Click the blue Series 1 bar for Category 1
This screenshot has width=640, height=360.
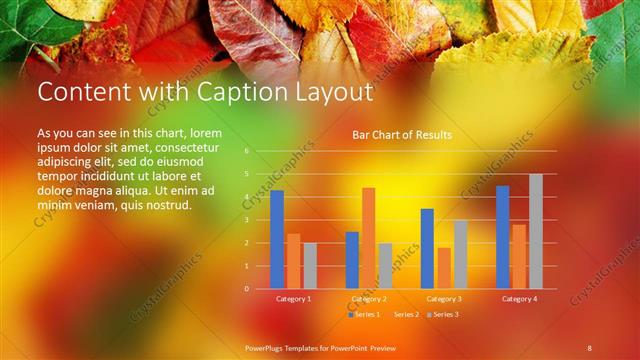277,239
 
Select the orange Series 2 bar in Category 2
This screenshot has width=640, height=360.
369,238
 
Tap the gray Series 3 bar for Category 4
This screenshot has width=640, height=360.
535,231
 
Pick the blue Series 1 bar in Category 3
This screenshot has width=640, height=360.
427,248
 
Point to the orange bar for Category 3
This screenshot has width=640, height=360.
444,268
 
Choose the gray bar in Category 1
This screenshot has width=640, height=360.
310,265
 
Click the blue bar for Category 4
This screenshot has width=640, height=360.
502,237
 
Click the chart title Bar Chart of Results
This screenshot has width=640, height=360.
402,134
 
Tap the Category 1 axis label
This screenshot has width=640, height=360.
293,299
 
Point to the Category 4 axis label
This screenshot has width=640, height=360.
518,299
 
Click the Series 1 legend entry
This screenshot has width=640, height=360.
365,314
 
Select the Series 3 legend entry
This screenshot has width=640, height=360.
443,314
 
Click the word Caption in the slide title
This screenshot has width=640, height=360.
226,92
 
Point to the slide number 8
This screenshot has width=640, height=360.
590,346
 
